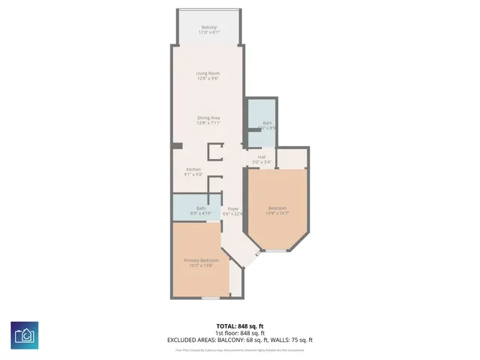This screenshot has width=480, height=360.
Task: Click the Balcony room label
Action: (x=208, y=28)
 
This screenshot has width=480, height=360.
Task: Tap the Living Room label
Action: (x=208, y=73)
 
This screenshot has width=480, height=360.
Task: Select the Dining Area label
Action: (x=208, y=118)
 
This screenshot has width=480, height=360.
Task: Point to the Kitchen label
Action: (x=193, y=169)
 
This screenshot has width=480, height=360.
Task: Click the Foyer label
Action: (x=233, y=208)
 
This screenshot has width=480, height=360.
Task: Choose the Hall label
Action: (x=262, y=157)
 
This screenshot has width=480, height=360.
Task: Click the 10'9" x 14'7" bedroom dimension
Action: (x=277, y=214)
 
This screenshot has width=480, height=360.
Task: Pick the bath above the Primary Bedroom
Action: (x=201, y=208)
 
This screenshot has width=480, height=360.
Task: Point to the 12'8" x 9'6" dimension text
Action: (x=208, y=78)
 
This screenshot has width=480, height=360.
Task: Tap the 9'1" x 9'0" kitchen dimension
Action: (x=193, y=175)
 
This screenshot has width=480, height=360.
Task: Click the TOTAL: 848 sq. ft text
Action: (x=239, y=325)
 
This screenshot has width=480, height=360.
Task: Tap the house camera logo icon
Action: (x=25, y=334)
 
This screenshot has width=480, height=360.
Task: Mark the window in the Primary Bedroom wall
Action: (x=211, y=298)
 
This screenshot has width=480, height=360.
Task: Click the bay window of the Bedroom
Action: (x=277, y=250)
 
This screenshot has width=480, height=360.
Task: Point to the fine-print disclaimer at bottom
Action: (x=239, y=349)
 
